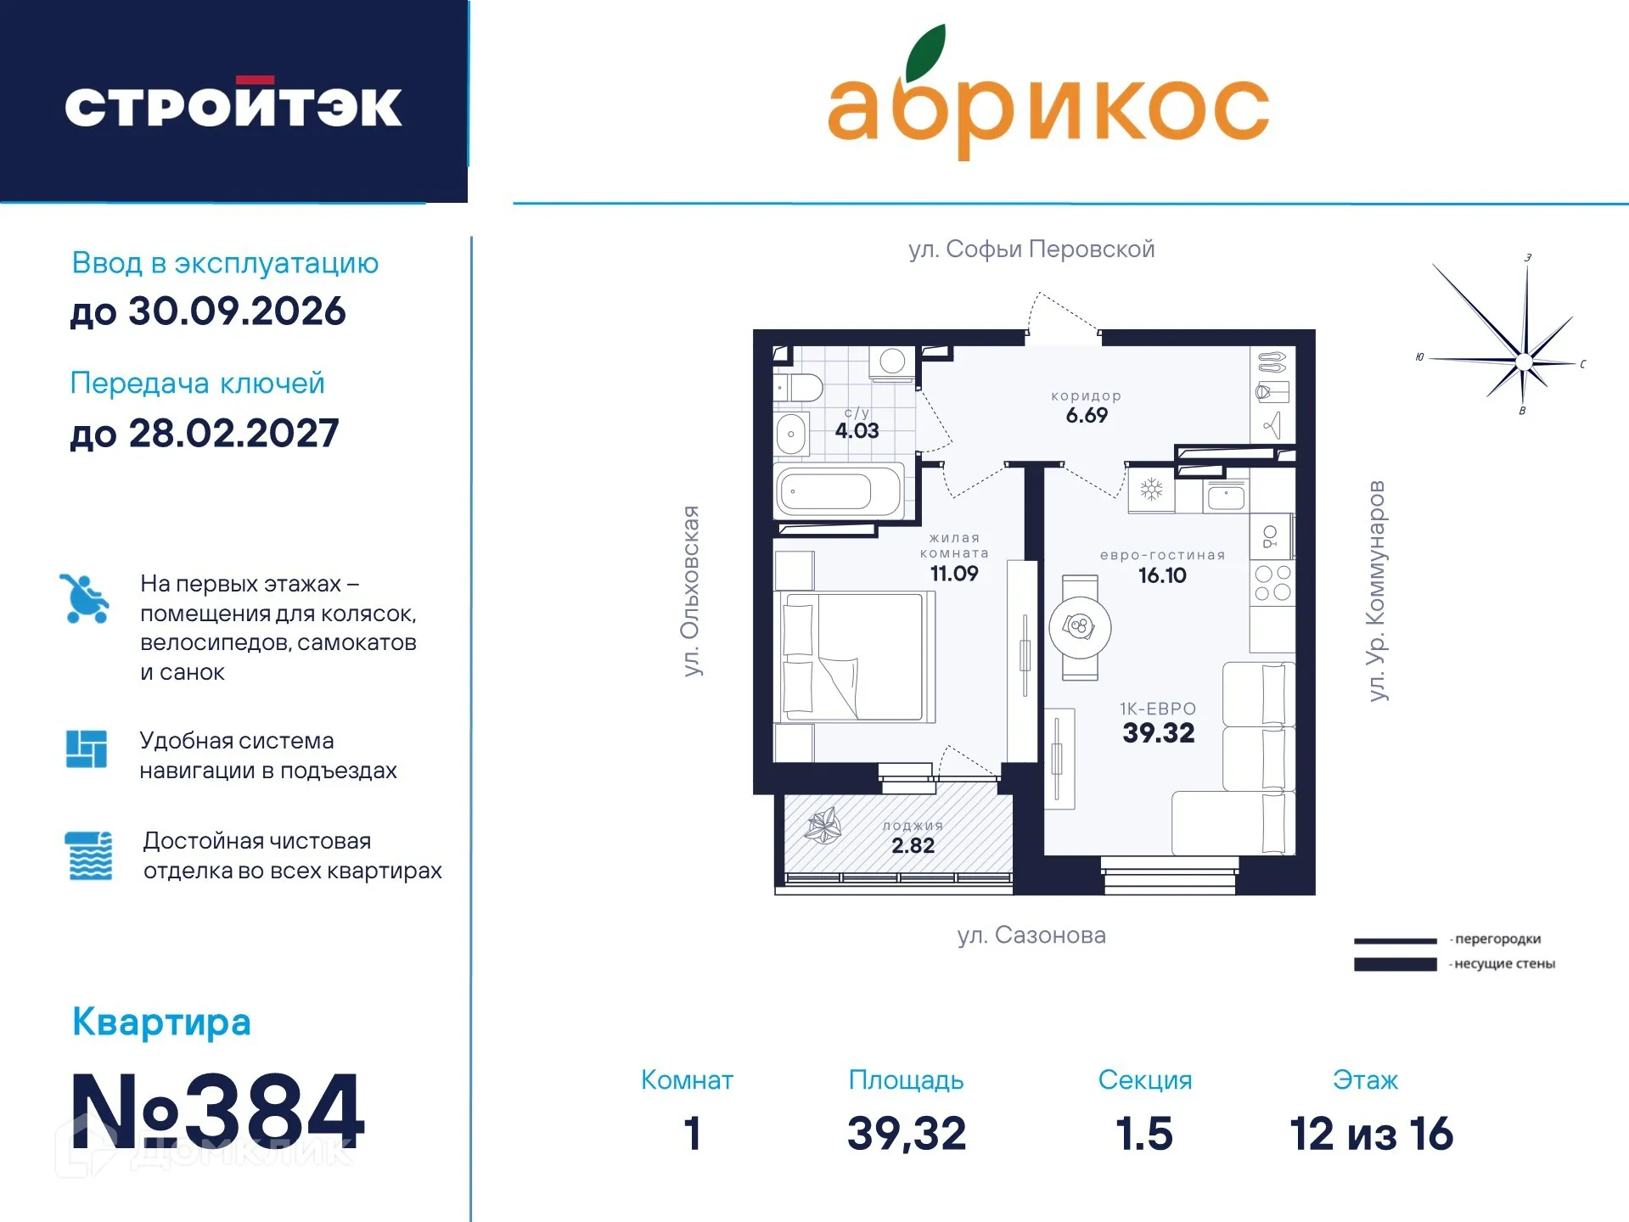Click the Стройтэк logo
(x=233, y=105)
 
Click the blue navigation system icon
(x=87, y=748)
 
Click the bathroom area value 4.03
(x=857, y=430)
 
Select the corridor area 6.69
(x=1087, y=415)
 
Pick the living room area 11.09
(x=954, y=574)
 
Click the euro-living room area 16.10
(x=1162, y=575)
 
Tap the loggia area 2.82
(x=913, y=845)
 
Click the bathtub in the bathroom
(x=837, y=490)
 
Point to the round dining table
(x=1080, y=628)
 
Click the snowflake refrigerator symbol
(x=1151, y=490)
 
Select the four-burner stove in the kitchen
(x=1272, y=583)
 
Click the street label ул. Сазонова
(x=1031, y=935)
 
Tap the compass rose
(x=1523, y=361)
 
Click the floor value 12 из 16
(x=1371, y=1134)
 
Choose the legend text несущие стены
(x=1503, y=964)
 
